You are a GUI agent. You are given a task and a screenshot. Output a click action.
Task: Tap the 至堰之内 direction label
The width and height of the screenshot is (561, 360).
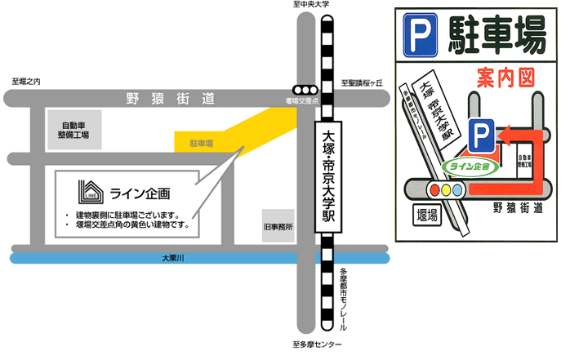point(26,81)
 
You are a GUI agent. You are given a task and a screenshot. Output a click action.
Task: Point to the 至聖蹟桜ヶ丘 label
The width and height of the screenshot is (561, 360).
point(363,82)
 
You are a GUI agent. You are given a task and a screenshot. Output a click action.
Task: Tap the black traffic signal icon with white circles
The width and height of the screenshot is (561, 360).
point(305,90)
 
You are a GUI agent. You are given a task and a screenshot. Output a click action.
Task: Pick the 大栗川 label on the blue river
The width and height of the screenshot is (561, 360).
point(172,259)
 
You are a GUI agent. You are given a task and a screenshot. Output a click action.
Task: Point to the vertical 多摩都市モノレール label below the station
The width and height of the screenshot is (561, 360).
point(343,299)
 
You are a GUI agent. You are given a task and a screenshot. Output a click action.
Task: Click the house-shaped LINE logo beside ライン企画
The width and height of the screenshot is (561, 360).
point(90,192)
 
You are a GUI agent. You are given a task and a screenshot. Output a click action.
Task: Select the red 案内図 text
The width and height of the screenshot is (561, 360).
point(504,78)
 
